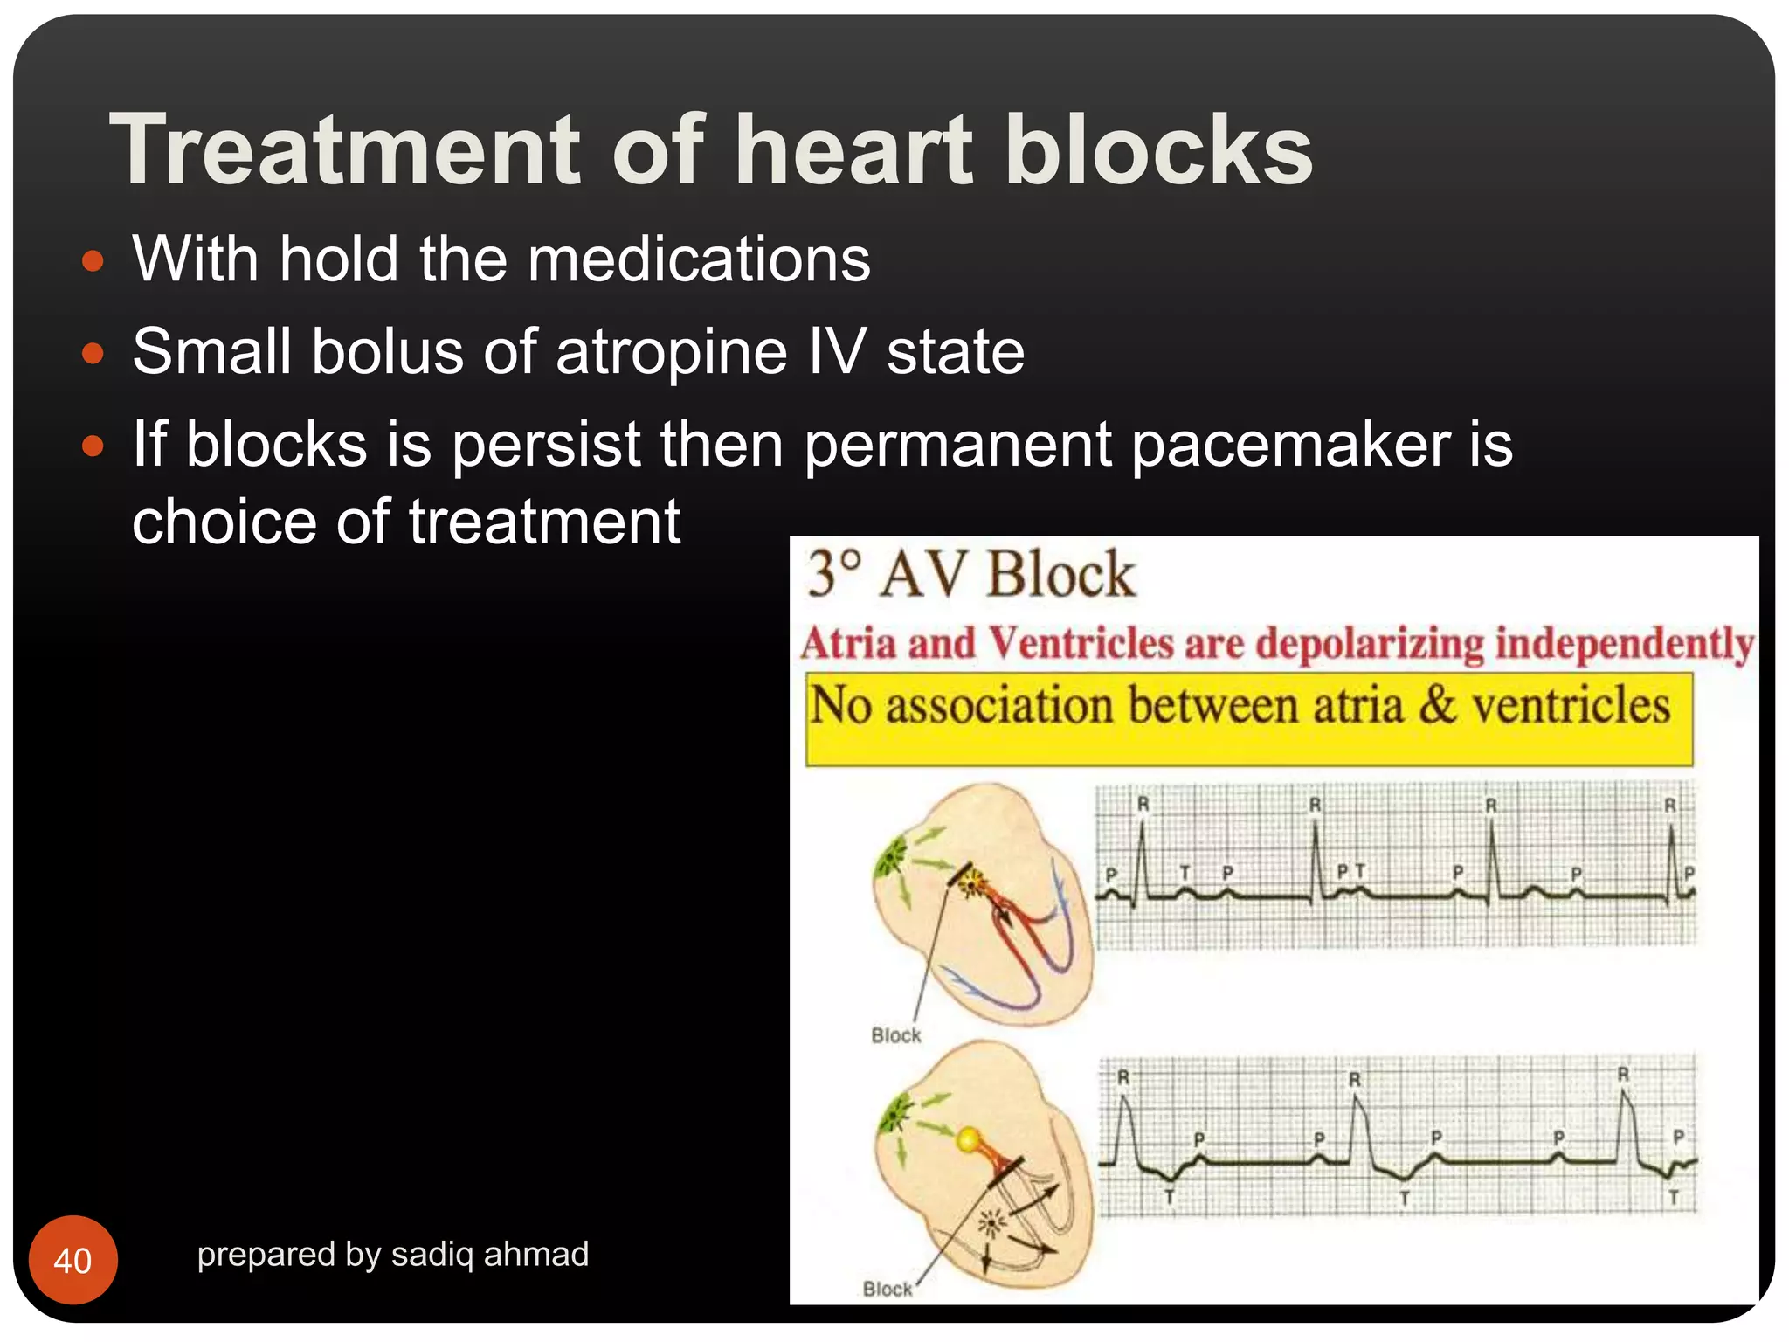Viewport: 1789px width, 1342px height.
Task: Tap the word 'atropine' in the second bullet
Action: coord(671,352)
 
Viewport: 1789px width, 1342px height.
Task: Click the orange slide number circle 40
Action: coord(73,1260)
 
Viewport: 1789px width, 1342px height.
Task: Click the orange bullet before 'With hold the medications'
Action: coord(93,261)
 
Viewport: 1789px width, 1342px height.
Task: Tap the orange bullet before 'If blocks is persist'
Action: coord(93,446)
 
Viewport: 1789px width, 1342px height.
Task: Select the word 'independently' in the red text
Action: coord(1624,644)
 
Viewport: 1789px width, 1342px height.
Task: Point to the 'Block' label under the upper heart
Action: coord(896,1035)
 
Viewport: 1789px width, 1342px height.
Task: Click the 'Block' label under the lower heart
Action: coord(888,1289)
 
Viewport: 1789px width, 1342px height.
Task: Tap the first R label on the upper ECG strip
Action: coord(1143,804)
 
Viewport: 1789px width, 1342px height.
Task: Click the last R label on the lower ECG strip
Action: coord(1623,1074)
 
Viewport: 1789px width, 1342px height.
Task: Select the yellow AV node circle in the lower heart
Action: coord(969,1139)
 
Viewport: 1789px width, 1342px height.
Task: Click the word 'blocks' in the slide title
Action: coord(1158,150)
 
